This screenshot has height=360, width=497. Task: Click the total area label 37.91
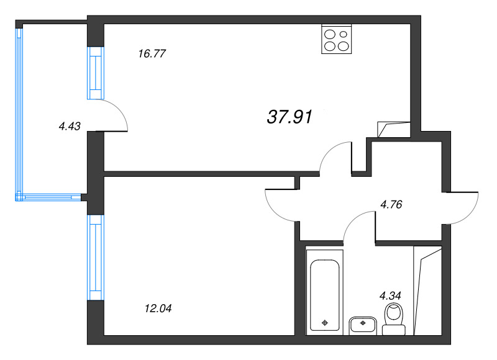pos(290,117)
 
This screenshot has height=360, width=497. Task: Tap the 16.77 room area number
pos(152,53)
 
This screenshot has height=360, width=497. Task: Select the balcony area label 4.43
pos(70,126)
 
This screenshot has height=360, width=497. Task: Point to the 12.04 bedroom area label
pos(158,308)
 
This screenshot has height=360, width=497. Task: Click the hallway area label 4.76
pos(391,205)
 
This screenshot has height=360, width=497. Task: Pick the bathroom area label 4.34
pos(390,295)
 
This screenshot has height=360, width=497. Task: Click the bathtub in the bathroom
pos(324,292)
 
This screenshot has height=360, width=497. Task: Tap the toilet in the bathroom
pos(394,319)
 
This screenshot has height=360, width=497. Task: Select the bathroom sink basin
pos(363,325)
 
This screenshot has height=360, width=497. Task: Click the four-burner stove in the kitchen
pos(337,39)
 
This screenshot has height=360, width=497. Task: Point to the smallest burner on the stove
pos(344,34)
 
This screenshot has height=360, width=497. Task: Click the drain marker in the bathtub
pos(324,323)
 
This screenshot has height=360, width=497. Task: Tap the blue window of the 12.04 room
pos(96,258)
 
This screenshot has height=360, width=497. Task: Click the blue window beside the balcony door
pos(96,73)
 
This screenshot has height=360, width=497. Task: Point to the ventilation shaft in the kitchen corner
pos(394,130)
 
